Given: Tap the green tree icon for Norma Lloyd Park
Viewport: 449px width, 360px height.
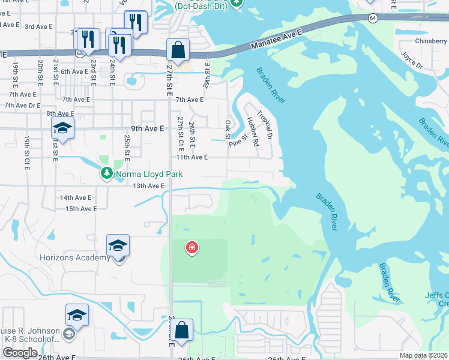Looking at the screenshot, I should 106,173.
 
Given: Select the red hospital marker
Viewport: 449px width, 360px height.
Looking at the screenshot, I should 191,247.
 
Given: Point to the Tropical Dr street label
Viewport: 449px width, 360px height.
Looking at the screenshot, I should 265,125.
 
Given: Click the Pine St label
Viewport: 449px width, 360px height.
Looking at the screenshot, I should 238,140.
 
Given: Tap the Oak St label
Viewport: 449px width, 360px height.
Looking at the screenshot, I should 228,129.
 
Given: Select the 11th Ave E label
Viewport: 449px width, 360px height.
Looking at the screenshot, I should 191,157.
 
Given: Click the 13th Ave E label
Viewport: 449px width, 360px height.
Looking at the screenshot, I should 149,186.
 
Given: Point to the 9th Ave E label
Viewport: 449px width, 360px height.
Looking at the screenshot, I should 148,128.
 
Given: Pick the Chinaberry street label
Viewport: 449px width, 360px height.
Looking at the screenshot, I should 431,41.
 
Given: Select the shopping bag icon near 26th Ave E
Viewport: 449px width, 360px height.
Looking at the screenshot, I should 181,330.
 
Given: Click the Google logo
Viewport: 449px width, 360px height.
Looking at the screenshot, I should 20,353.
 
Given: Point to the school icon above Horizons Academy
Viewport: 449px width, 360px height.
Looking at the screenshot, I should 118,245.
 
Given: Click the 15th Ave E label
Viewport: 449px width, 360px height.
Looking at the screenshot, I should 81,209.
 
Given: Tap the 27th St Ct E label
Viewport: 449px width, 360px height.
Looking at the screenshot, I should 180,134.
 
